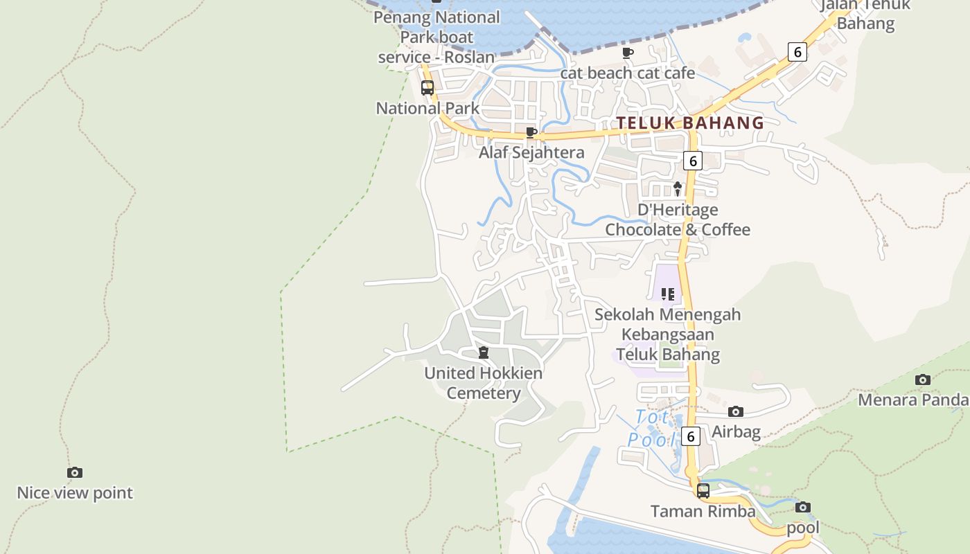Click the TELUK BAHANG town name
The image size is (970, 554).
coord(690,123)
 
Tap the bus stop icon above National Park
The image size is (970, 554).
coord(427,88)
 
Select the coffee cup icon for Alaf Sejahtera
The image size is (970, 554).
coord(531,132)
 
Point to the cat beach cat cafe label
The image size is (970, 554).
coord(627,73)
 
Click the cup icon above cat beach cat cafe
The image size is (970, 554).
coord(628,53)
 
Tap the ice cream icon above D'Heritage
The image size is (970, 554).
coord(678,188)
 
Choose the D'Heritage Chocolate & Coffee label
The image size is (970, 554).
coord(678,220)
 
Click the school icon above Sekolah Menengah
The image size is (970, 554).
coord(668,294)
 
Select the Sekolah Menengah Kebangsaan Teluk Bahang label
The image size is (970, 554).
coord(668,334)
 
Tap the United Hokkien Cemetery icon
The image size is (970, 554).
coord(484,352)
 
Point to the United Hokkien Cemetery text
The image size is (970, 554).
coord(484,383)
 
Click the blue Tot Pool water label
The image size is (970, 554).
coord(652,429)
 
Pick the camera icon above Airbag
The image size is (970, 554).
coord(736,412)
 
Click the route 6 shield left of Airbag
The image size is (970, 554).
coord(690,436)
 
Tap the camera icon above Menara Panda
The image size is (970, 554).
coord(922,379)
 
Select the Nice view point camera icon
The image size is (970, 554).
coord(75,473)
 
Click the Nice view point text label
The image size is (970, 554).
coord(75,493)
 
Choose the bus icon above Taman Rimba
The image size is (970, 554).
coord(703,491)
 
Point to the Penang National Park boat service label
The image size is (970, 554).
coord(436,37)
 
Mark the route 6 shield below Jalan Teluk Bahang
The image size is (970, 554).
coord(797,51)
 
